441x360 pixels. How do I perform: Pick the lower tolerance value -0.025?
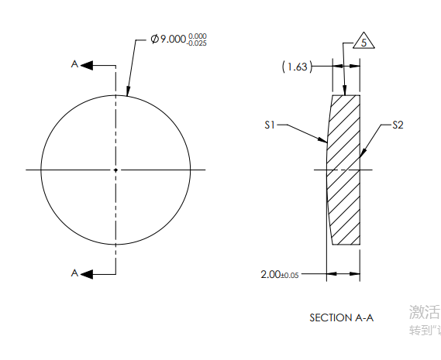pos(197,43)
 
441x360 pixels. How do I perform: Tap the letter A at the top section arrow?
pos(74,65)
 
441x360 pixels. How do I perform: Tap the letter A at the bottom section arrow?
pos(74,273)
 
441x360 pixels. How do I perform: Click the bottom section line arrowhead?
pos(87,273)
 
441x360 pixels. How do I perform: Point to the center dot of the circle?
pos(115,170)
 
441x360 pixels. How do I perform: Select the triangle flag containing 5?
pos(363,43)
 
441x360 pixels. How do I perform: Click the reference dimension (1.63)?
pos(297,67)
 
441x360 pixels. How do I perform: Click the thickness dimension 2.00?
pos(271,274)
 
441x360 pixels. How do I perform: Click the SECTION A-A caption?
pos(341,317)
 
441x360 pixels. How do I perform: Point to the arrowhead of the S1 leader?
pos(325,142)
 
